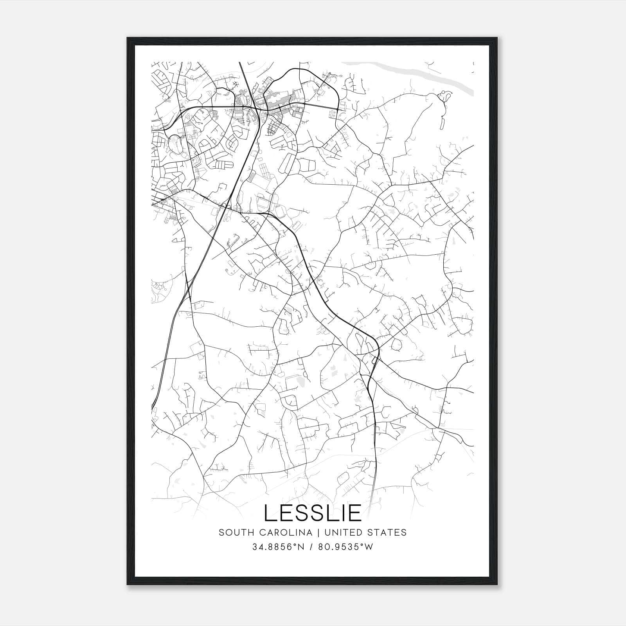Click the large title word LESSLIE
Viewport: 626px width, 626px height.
(313, 513)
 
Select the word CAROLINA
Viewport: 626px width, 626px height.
(283, 532)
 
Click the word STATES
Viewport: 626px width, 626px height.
(389, 532)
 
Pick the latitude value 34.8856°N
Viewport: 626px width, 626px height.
(278, 547)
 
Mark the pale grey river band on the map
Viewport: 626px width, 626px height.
(415, 76)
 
